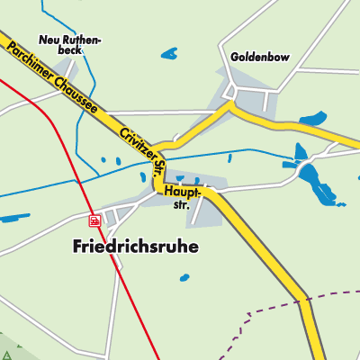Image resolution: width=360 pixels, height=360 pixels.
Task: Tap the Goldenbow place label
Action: pos(259,56)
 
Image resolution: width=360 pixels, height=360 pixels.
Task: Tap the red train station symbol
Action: pos(94,219)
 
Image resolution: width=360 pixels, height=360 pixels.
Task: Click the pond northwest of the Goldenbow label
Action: pos(169,54)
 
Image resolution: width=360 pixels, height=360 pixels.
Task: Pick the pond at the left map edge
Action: pos(13,218)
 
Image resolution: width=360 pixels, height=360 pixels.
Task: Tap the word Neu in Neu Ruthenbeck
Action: pos(49,39)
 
